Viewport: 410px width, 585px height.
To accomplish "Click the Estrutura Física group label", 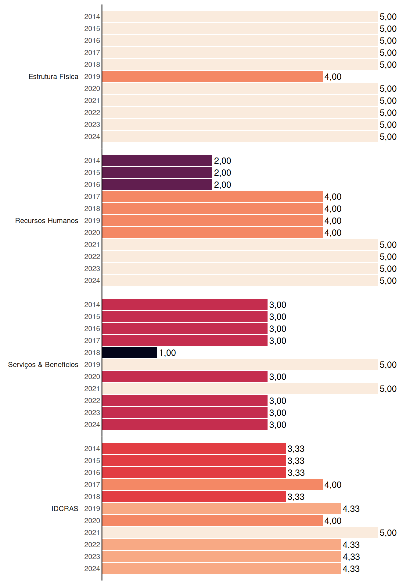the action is pyautogui.click(x=53, y=76).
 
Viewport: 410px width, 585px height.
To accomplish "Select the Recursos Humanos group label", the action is pyautogui.click(x=47, y=221).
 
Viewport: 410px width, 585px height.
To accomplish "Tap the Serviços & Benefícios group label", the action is pyautogui.click(x=43, y=365).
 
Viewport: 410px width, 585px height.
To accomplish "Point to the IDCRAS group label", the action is pyautogui.click(x=65, y=509).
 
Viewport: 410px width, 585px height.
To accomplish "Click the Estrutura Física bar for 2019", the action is pyautogui.click(x=212, y=76).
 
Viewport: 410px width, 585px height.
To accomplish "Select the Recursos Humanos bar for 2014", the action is pyautogui.click(x=157, y=161).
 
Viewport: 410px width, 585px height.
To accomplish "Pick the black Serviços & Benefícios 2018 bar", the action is pyautogui.click(x=130, y=353).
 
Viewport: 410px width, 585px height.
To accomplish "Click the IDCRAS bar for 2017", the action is pyautogui.click(x=212, y=485).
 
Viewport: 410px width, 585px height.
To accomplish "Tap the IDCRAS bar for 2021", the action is pyautogui.click(x=240, y=533).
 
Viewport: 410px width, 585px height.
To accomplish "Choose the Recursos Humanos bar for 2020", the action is pyautogui.click(x=212, y=232).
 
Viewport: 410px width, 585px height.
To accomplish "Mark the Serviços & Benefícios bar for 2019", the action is pyautogui.click(x=240, y=365).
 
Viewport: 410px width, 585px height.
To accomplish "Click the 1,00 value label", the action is pyautogui.click(x=167, y=353).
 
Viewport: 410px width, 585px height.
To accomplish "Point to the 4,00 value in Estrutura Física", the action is pyautogui.click(x=333, y=77).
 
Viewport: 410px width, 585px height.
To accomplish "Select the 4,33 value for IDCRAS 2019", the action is pyautogui.click(x=351, y=509).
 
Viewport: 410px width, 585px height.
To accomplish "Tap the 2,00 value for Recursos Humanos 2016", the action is pyautogui.click(x=222, y=185).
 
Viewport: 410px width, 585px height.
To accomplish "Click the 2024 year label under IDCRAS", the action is pyautogui.click(x=92, y=569).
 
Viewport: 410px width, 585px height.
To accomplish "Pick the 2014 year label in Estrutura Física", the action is pyautogui.click(x=92, y=16).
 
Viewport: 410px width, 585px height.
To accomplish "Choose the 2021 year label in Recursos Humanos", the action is pyautogui.click(x=92, y=244).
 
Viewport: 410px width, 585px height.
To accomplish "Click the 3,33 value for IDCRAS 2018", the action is pyautogui.click(x=296, y=497).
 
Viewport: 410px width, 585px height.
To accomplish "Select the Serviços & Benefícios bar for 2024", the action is pyautogui.click(x=185, y=425).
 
